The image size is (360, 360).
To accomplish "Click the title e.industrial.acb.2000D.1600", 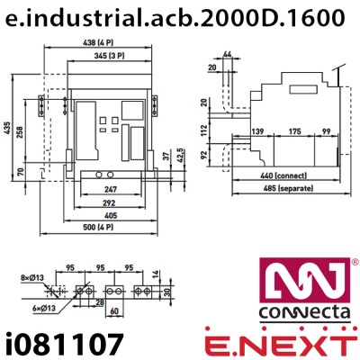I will pos(180,17).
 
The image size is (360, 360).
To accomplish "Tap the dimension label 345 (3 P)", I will pos(109,57).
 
